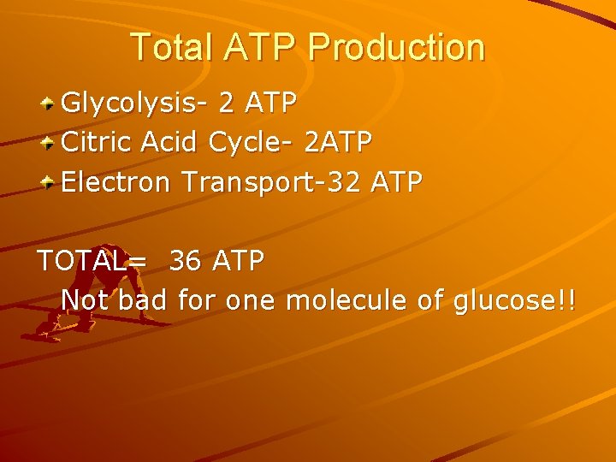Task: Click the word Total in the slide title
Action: coord(170,48)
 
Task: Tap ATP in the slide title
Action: coord(260,48)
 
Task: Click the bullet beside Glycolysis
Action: coord(50,104)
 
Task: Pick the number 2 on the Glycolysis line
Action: coord(227,104)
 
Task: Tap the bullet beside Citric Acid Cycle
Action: coord(50,143)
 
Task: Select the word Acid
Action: coord(170,142)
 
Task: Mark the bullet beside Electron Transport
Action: coord(50,182)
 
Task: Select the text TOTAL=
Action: coord(92,261)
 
